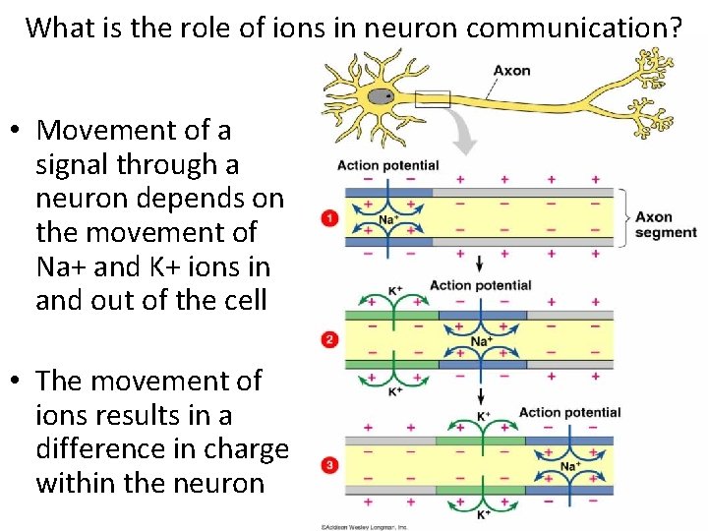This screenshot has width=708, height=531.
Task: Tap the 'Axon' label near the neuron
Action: pyautogui.click(x=511, y=70)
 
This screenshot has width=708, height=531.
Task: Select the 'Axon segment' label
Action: pyautogui.click(x=665, y=224)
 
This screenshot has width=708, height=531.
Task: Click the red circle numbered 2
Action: pyautogui.click(x=330, y=339)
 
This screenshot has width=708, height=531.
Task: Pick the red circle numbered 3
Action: pyautogui.click(x=330, y=465)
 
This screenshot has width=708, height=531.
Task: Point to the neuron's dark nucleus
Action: pyautogui.click(x=388, y=96)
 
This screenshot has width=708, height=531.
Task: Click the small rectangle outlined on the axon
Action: pyautogui.click(x=433, y=98)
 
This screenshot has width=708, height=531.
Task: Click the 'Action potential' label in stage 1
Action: pyautogui.click(x=387, y=165)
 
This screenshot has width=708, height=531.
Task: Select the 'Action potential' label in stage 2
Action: pyautogui.click(x=480, y=286)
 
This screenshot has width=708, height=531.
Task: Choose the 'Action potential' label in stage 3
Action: pyautogui.click(x=569, y=412)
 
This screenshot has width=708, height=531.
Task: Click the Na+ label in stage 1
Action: pyautogui.click(x=388, y=219)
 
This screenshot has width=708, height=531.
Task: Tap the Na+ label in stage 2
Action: pyautogui.click(x=481, y=341)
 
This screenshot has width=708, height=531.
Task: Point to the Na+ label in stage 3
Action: pyautogui.click(x=570, y=466)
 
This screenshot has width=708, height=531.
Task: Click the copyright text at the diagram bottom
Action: pyautogui.click(x=364, y=526)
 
